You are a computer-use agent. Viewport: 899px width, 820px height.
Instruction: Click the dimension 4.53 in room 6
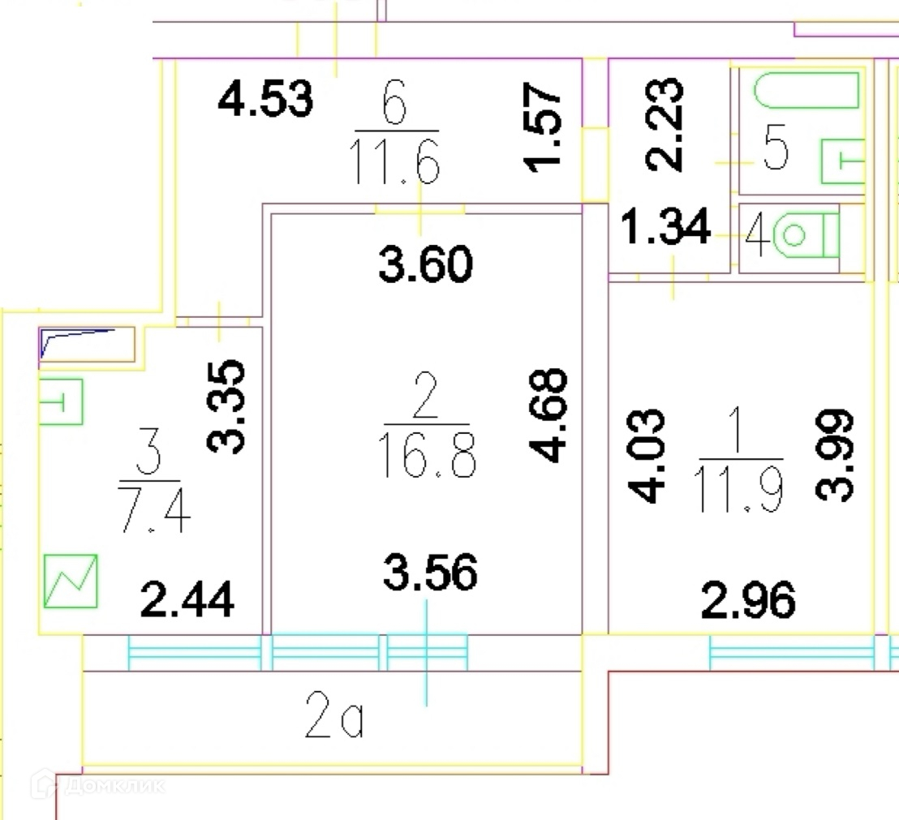[265, 101]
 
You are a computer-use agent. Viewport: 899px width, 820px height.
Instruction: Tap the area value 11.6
[395, 161]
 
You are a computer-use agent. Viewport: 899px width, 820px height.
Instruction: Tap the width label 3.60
[425, 265]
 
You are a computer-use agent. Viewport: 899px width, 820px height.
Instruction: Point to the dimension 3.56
[429, 573]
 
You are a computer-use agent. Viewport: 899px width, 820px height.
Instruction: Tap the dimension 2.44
[187, 601]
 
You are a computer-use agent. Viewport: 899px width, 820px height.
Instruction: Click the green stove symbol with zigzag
[71, 581]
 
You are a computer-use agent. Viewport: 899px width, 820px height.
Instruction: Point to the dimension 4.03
[647, 457]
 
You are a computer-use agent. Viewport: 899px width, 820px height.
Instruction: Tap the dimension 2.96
[748, 601]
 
